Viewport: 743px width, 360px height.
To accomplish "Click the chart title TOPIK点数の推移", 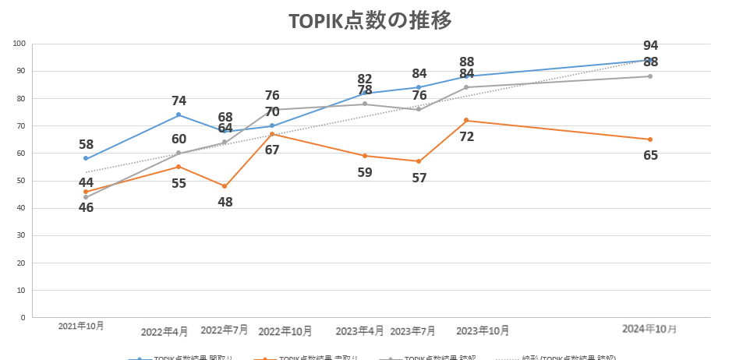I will click(x=370, y=21).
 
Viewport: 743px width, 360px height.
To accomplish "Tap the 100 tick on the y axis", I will click(x=19, y=44).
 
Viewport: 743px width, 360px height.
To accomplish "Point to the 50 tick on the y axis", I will click(x=21, y=181).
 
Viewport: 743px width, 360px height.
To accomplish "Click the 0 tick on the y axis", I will click(x=23, y=318).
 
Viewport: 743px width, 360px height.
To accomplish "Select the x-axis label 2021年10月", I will click(x=81, y=326).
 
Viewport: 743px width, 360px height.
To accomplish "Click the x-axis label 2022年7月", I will click(x=225, y=330).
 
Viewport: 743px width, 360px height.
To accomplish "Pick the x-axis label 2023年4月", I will click(x=359, y=330).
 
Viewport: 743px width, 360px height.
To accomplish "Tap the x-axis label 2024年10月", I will click(x=649, y=329).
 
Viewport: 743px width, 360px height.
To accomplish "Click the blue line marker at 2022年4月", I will click(x=179, y=115).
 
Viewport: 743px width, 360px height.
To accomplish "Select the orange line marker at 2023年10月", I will click(x=466, y=120).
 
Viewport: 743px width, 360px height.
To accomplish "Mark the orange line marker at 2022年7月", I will click(x=225, y=186).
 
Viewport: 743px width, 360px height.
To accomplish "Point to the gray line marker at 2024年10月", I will click(x=650, y=76).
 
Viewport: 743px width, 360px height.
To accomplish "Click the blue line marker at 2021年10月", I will click(x=86, y=158).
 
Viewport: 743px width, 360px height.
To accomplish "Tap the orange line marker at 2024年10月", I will click(x=650, y=139).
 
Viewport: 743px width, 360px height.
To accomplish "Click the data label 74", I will click(x=179, y=101).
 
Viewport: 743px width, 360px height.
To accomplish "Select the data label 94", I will click(x=651, y=46).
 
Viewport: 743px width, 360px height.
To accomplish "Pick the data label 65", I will click(x=651, y=155).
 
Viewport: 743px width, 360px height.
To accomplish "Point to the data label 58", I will click(x=86, y=144).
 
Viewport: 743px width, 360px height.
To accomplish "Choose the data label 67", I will click(x=272, y=150).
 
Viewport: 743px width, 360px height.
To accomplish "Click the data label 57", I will click(x=419, y=178).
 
